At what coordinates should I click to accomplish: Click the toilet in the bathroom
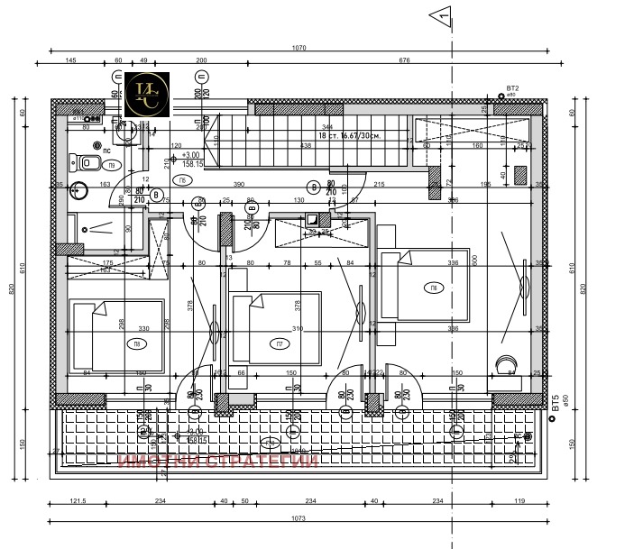[x=87, y=163]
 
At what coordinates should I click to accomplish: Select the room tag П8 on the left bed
[x=136, y=343]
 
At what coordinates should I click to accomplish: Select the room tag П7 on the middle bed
[x=280, y=343]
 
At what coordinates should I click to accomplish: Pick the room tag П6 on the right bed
[x=434, y=288]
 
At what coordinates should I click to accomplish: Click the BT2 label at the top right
[x=512, y=88]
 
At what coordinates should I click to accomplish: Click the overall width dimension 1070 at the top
[x=299, y=47]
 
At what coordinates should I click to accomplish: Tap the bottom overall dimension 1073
[x=299, y=518]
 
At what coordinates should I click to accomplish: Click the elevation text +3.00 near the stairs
[x=190, y=154]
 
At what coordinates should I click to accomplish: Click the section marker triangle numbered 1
[x=440, y=14]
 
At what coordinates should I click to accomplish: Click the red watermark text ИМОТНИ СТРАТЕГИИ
[x=219, y=462]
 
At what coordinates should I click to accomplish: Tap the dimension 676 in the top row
[x=403, y=60]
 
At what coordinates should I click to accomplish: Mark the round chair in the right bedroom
[x=503, y=365]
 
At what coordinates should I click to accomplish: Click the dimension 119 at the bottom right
[x=519, y=501]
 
